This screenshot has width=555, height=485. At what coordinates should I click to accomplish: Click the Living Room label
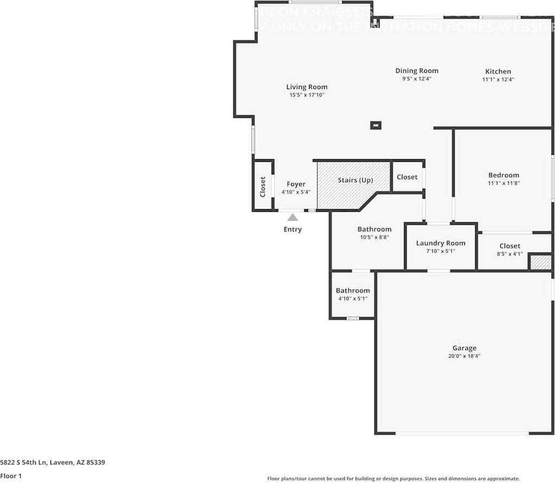tap(307, 87)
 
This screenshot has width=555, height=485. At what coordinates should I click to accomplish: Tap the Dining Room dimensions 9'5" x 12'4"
tap(417, 79)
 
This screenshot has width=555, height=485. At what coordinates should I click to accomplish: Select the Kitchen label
tap(498, 71)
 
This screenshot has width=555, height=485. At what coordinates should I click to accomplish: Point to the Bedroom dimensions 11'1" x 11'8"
tap(503, 184)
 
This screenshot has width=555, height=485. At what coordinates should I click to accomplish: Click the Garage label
tap(464, 348)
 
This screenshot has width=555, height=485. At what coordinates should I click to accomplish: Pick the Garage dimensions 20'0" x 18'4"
tap(464, 356)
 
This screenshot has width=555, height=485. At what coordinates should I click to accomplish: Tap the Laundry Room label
tap(440, 243)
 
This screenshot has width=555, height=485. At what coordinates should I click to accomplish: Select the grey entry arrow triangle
tap(293, 217)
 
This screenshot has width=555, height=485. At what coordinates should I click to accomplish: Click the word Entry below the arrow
tap(293, 229)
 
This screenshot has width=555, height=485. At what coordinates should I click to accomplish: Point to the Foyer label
tap(296, 184)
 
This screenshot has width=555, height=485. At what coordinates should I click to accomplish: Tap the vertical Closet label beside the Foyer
tap(263, 186)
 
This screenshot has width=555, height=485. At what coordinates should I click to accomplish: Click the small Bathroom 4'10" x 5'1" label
tap(352, 291)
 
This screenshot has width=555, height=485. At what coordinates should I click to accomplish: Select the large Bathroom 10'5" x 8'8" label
tap(374, 229)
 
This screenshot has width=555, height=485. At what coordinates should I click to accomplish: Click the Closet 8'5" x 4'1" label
tap(509, 246)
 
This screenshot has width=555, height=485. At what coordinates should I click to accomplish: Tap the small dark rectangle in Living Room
tap(375, 125)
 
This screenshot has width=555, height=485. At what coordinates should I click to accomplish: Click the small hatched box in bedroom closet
tap(540, 262)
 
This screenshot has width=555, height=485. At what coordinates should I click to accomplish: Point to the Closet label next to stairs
tap(407, 177)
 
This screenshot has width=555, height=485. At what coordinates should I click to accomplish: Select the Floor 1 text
tap(11, 476)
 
